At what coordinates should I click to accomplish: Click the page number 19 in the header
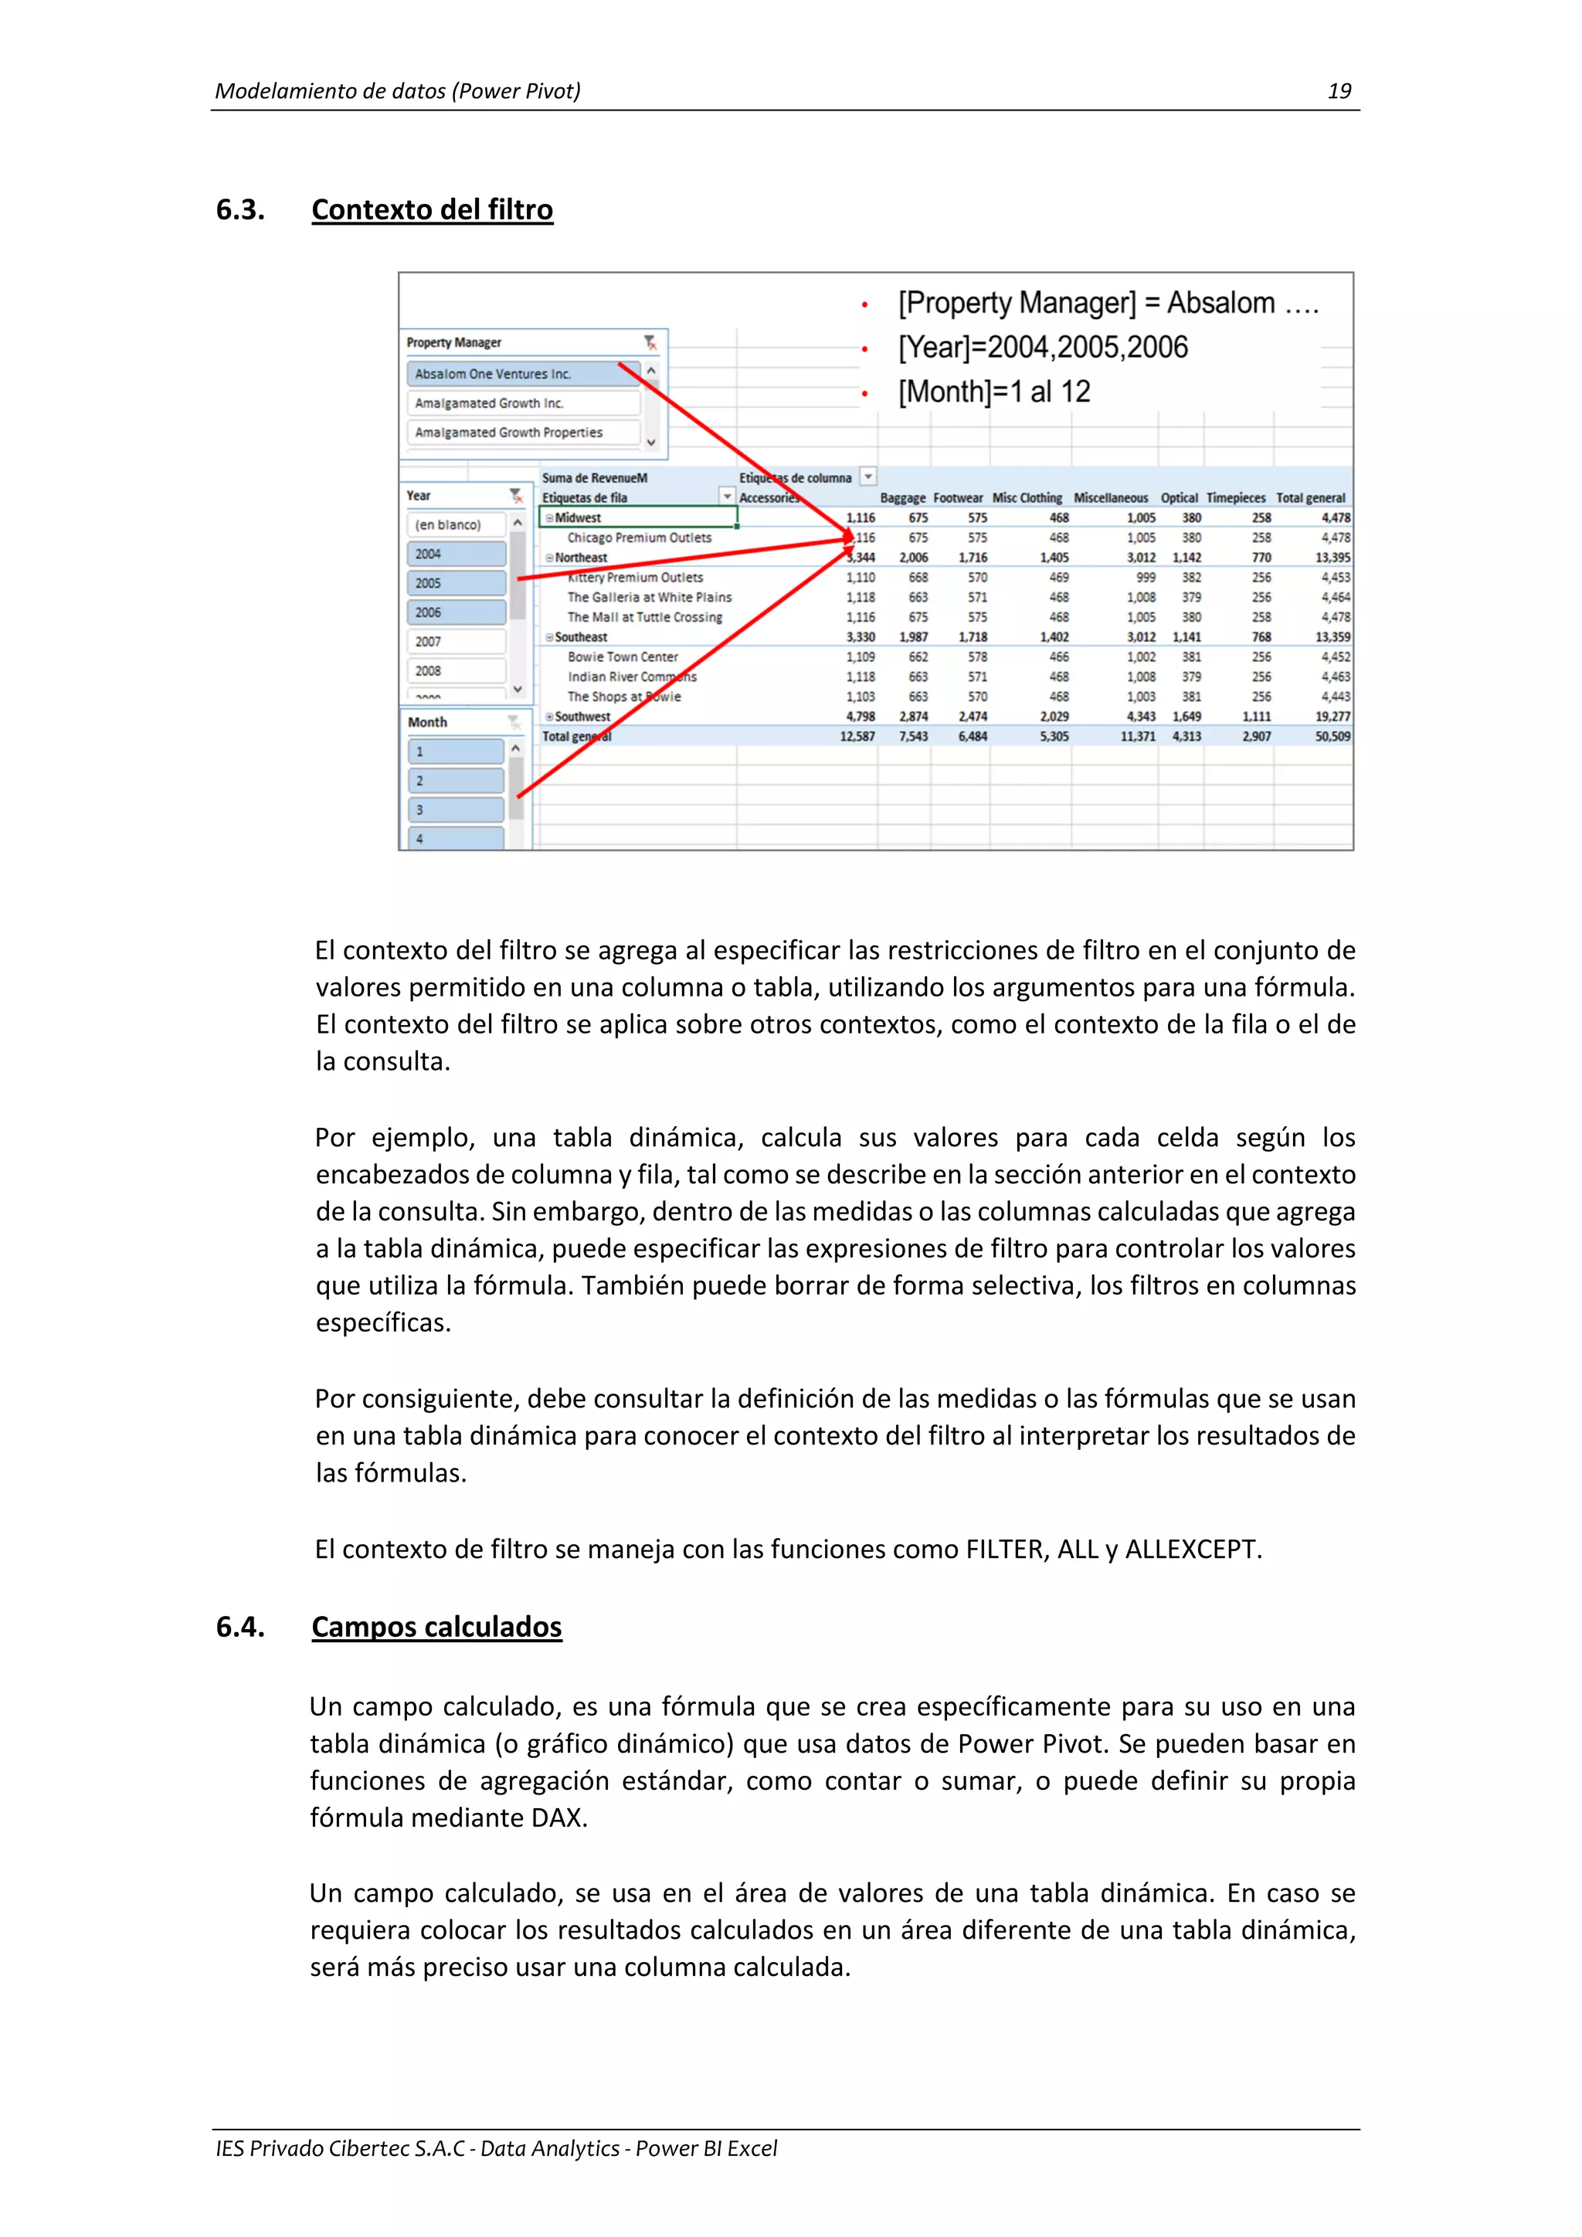1339,92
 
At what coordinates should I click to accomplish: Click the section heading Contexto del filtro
432,209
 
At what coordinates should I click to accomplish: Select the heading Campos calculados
436,1626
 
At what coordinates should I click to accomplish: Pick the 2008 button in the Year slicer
456,671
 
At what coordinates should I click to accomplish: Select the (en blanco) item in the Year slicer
455,525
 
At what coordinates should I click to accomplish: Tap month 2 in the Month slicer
455,780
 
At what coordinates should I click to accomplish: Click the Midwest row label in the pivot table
578,518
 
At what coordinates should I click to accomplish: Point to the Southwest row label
582,716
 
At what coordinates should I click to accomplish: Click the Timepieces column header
1235,498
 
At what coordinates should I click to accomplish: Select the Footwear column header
958,498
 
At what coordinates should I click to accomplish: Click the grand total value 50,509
1332,737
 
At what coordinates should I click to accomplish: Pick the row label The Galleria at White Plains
649,597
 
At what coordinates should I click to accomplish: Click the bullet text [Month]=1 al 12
993,392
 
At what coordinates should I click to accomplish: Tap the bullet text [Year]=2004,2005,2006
1042,348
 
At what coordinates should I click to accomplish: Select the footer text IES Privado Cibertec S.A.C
340,2148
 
